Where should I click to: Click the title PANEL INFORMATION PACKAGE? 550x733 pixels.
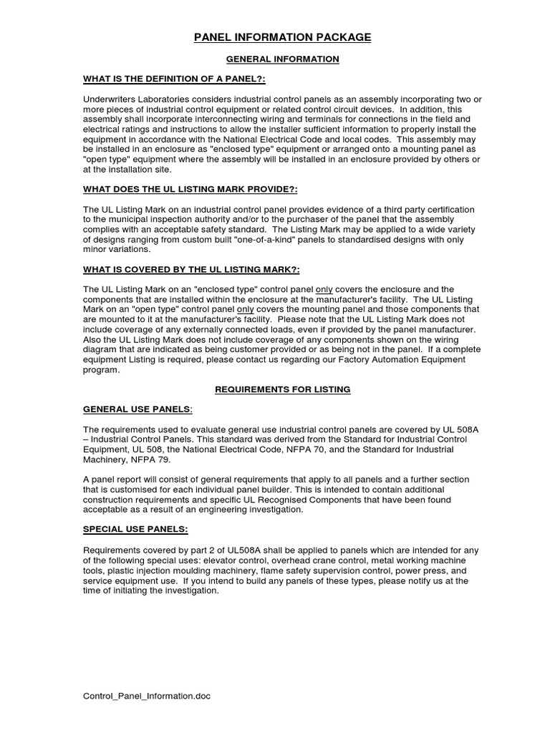pos(282,37)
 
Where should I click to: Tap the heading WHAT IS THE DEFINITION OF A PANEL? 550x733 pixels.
pos(175,79)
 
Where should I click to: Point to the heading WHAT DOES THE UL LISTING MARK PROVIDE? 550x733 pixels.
pos(190,189)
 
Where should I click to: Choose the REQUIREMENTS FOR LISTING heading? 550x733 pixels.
pos(282,389)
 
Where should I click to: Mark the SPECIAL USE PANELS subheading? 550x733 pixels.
pos(136,529)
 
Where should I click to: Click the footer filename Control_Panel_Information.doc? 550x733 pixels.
pos(147,696)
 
